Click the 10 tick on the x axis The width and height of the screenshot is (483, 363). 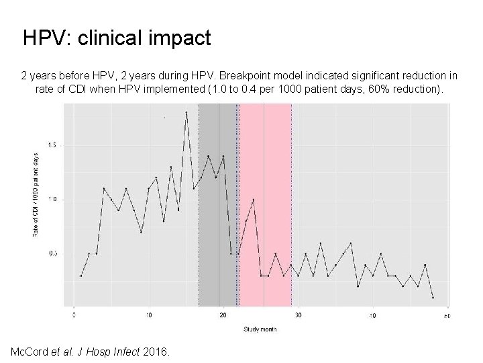pos(149,315)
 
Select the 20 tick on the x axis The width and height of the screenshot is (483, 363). pos(223,315)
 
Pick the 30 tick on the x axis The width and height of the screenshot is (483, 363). pos(298,315)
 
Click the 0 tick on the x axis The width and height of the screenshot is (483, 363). pos(74,315)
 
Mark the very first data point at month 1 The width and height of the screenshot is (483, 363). pos(81,276)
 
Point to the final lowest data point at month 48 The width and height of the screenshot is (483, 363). pos(433,297)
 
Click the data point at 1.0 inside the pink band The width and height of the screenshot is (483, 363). pos(253,199)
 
